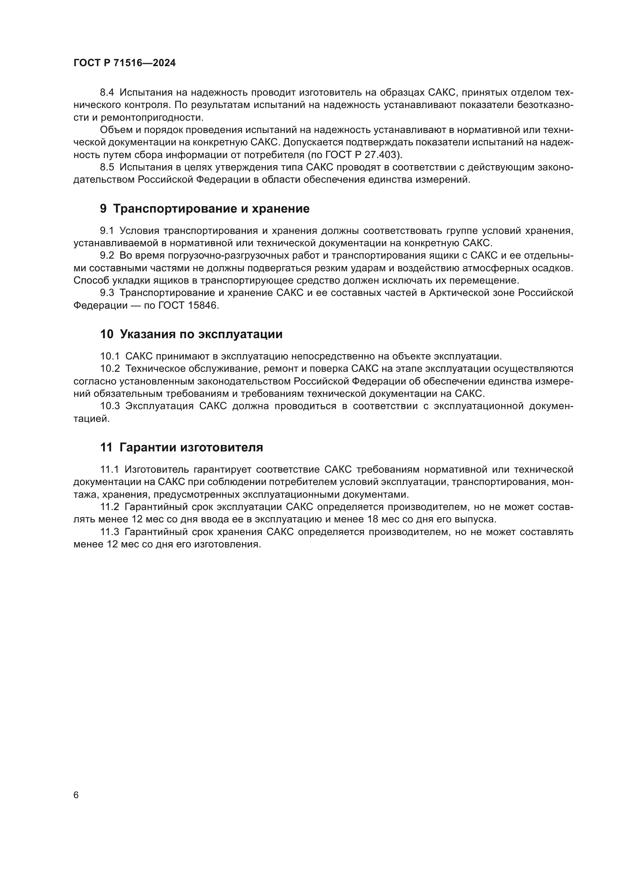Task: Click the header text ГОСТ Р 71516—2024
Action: (124, 63)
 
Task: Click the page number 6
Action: (76, 795)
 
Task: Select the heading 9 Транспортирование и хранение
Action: (205, 209)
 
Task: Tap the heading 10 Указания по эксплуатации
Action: (191, 334)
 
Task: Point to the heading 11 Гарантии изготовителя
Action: (182, 447)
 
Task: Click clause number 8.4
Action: (107, 93)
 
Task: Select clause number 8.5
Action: (107, 167)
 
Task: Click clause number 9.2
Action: (107, 256)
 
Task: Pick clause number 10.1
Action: (110, 356)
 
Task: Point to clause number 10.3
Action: (110, 406)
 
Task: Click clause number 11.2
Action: (110, 507)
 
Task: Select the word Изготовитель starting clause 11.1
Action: (157, 470)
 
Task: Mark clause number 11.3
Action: (110, 532)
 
